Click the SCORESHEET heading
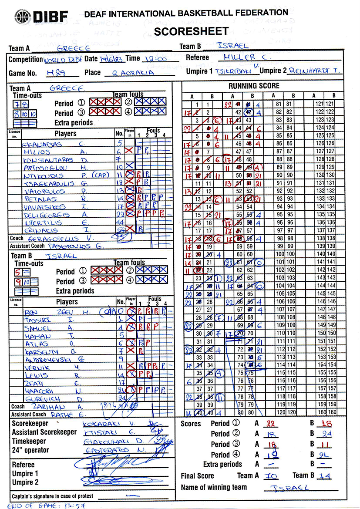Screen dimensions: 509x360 [191, 31]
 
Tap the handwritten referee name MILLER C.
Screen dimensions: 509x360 [247, 57]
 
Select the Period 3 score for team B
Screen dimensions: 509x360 [326, 445]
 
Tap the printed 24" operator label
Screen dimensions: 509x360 [30, 450]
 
